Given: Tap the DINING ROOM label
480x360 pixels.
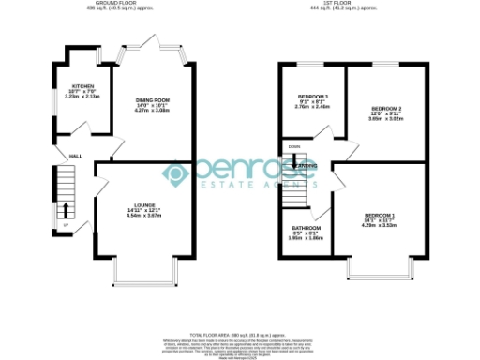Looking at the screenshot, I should click(152, 100).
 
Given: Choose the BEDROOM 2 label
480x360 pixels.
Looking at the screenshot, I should click(386, 109).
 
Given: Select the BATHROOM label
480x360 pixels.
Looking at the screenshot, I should click(306, 229).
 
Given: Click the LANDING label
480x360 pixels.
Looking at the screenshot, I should click(307, 166).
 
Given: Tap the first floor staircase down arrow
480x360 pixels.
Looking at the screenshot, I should click(295, 160).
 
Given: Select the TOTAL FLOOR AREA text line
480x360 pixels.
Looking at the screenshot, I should click(239, 334).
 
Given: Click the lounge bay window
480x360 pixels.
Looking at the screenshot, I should click(143, 275).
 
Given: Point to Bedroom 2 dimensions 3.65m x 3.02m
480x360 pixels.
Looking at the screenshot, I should click(386, 119).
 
